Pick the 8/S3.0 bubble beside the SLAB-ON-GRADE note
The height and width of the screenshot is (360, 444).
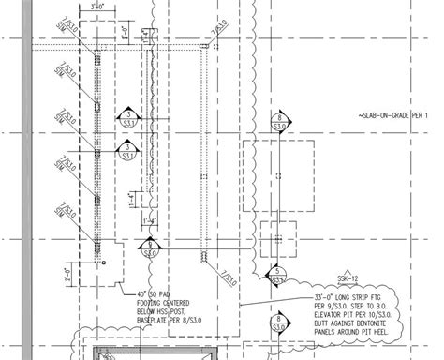pyautogui.click(x=278, y=121)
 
